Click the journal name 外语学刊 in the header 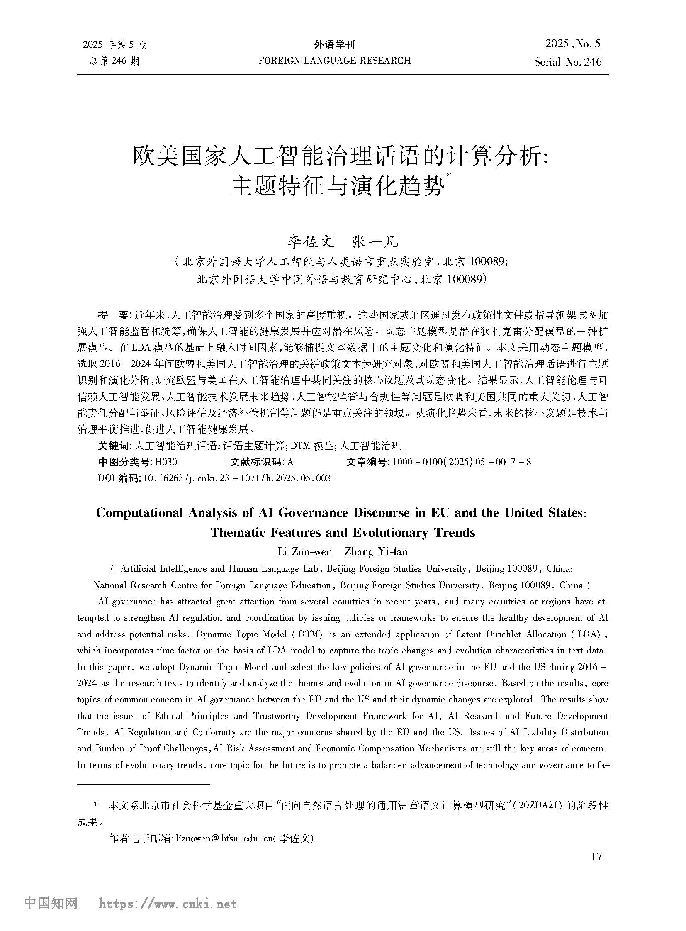[334, 44]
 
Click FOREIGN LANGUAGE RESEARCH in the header [334, 61]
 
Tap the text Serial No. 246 [567, 62]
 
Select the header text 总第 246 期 [114, 61]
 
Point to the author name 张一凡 [375, 241]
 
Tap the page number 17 [596, 856]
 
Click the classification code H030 [165, 462]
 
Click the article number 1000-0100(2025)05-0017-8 [461, 462]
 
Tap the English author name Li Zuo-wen [304, 552]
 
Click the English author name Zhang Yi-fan [376, 552]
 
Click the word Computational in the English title [140, 513]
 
